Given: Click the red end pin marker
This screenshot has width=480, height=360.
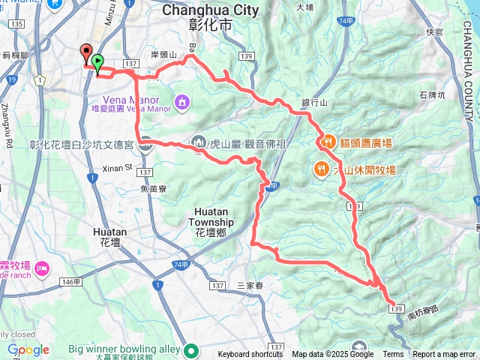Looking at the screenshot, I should click(x=85, y=54).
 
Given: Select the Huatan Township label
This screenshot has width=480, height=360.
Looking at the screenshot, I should click(x=214, y=217).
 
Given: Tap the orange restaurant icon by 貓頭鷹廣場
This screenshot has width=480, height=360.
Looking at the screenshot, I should click(x=328, y=140).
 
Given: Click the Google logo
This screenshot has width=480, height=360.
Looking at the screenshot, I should click(x=28, y=349).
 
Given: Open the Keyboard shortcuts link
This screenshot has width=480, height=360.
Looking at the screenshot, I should click(x=250, y=355).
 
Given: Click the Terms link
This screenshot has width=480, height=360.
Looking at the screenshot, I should click(x=393, y=355).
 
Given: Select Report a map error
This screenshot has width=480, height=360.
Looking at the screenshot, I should click(x=444, y=355).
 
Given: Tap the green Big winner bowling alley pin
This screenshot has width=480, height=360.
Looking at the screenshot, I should click(x=191, y=349).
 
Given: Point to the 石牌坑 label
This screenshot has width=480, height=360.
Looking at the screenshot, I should click(x=433, y=95).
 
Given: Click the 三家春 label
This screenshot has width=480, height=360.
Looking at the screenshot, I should click(x=251, y=286).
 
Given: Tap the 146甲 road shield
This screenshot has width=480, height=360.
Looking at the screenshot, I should click(x=70, y=281).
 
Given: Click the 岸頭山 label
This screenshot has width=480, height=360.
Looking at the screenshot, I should click(x=163, y=55).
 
